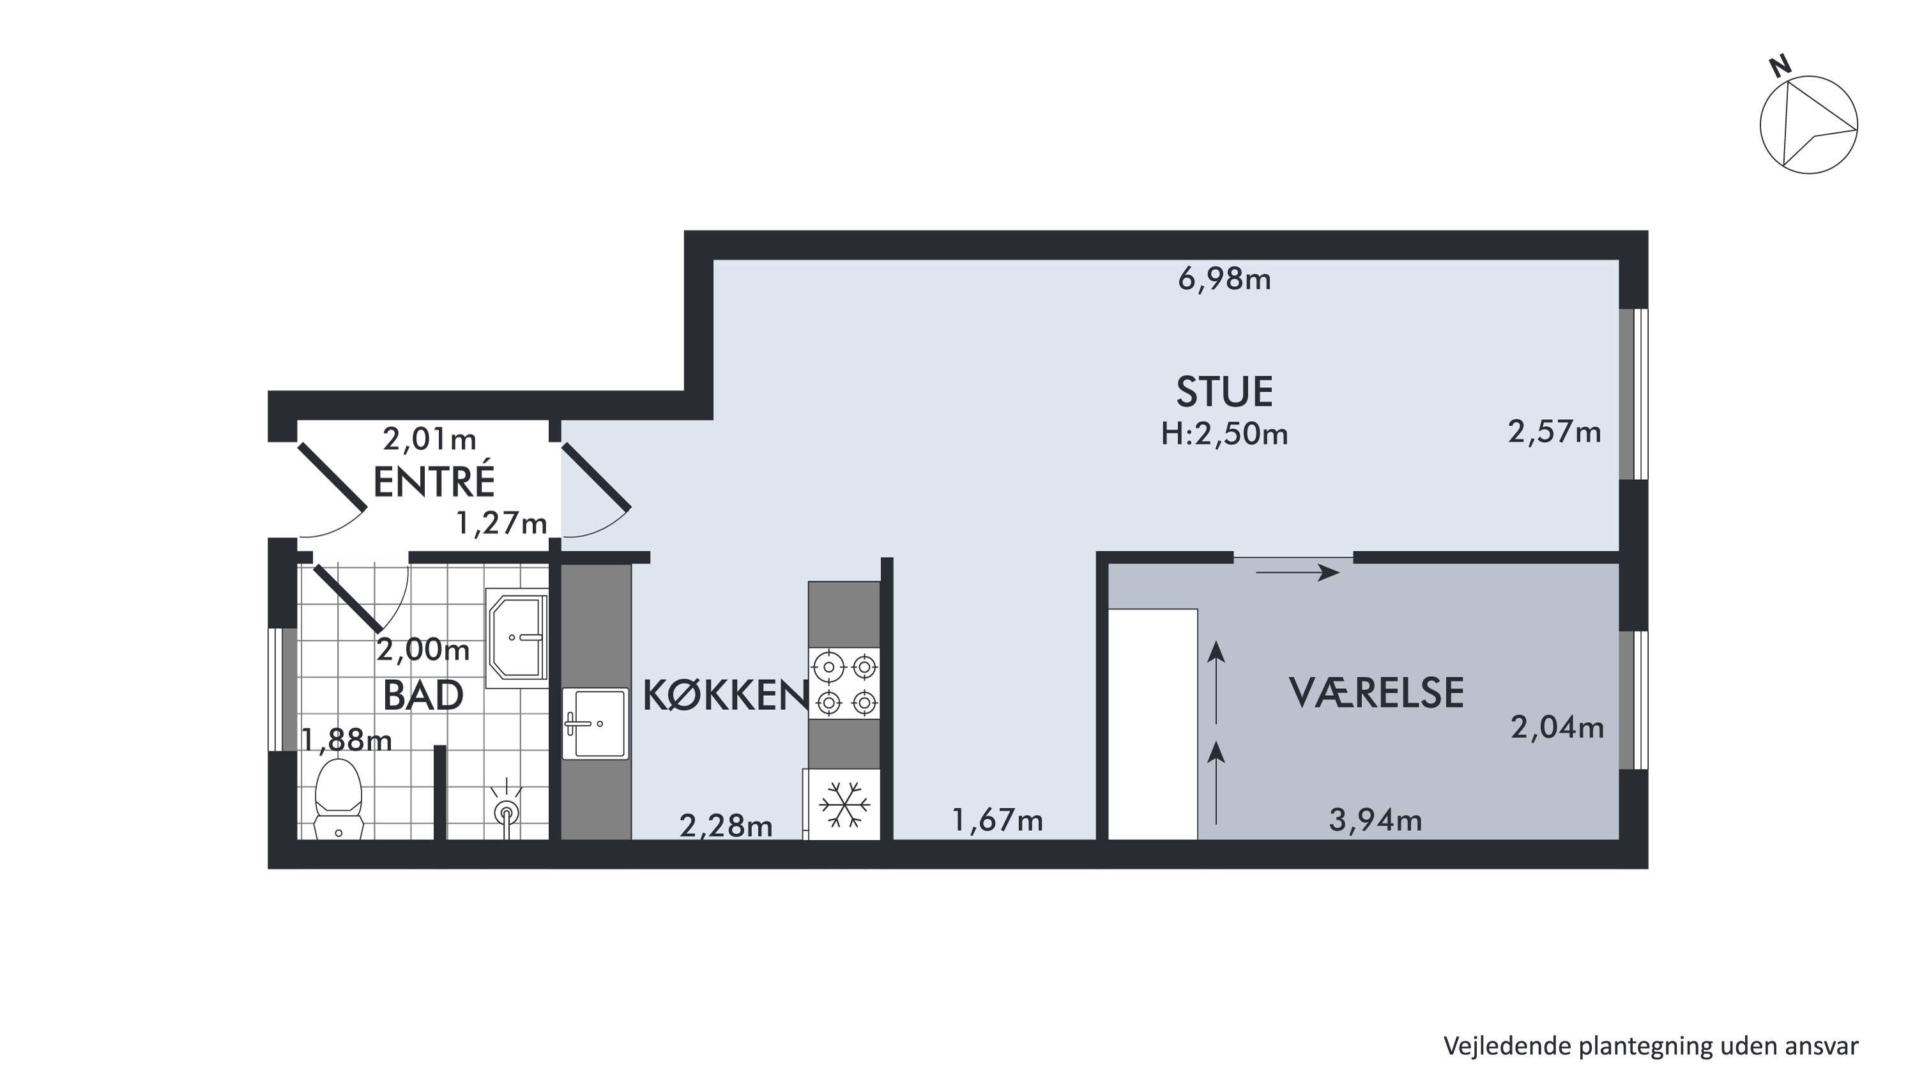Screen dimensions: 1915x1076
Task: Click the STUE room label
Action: (x=1225, y=392)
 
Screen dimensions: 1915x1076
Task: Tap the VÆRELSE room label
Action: (x=1376, y=693)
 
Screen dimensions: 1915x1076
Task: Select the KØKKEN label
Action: (x=725, y=696)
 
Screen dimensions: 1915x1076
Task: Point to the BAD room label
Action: (x=423, y=696)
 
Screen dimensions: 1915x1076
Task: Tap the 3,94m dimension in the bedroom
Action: (x=1375, y=820)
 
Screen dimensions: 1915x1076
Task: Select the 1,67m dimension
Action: (x=997, y=820)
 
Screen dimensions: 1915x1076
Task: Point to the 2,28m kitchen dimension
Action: (x=726, y=827)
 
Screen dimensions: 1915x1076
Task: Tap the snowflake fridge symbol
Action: (x=844, y=804)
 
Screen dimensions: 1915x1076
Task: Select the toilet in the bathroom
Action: (x=339, y=799)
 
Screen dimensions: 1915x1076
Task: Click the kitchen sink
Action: (x=595, y=723)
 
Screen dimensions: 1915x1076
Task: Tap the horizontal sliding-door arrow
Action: (x=1297, y=573)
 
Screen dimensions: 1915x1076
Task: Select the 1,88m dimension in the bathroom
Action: (x=346, y=740)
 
